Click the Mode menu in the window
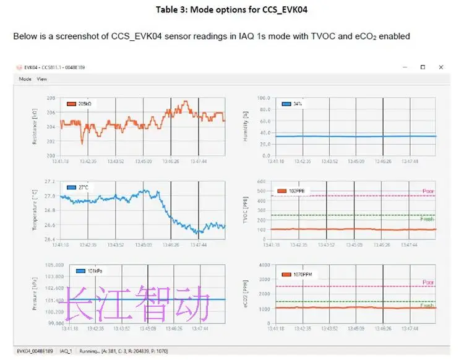tap(25, 79)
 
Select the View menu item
tap(41, 79)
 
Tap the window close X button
tap(440, 67)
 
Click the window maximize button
tap(423, 67)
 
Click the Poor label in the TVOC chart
tap(427, 192)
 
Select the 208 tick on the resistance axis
tap(51, 98)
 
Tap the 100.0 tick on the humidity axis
tap(264, 98)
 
